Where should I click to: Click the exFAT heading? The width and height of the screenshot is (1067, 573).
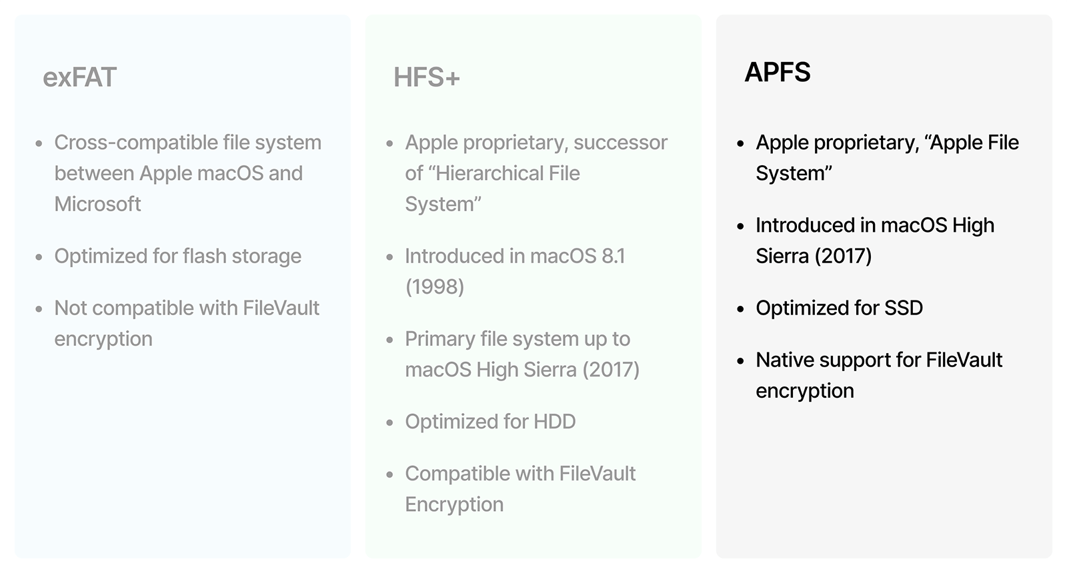click(79, 77)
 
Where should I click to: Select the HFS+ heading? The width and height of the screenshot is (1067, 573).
click(426, 77)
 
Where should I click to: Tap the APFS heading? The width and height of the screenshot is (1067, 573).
click(777, 72)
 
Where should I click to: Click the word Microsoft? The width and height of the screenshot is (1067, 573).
click(97, 204)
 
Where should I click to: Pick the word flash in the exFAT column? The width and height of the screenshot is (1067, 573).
click(204, 256)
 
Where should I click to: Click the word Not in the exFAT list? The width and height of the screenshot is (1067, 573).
click(71, 308)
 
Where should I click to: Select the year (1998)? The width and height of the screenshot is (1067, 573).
click(434, 286)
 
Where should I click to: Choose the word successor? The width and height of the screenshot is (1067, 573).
click(620, 143)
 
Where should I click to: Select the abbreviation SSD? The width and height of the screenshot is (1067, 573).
click(903, 308)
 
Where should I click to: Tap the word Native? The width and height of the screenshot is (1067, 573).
click(784, 360)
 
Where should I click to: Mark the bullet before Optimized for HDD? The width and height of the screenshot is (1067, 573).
click(390, 422)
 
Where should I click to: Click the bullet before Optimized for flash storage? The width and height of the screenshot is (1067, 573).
click(39, 257)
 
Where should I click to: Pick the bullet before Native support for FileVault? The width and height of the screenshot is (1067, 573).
click(741, 360)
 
